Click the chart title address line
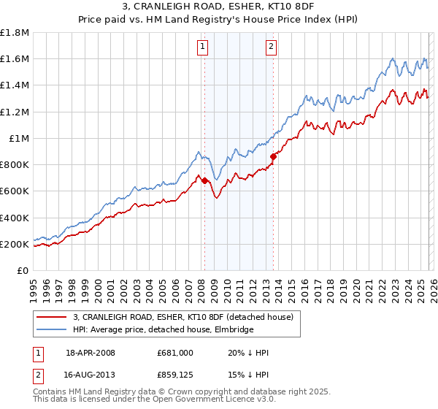coord(219,7)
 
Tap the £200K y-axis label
coord(15,244)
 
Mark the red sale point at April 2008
coord(204,180)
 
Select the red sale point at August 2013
coord(273,156)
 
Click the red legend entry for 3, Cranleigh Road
coord(182,317)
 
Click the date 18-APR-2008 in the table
coord(90,353)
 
